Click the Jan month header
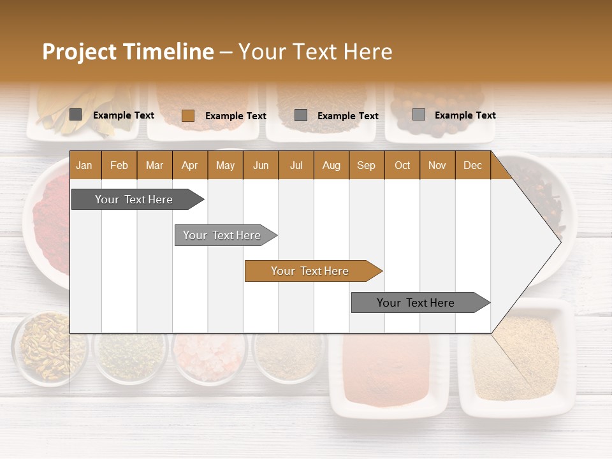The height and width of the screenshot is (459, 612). pos(84,165)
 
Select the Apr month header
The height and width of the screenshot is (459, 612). pos(189,165)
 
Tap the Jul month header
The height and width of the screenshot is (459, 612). pos(296,165)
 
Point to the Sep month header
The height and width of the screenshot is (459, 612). pos(366,165)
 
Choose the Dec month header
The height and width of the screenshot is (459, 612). pos(472,165)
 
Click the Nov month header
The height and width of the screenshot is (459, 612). pos(437,165)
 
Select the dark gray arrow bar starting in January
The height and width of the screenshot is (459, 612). pos(134,200)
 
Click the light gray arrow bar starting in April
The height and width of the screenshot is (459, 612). pos(222,235)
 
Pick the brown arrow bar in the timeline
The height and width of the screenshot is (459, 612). pos(310,271)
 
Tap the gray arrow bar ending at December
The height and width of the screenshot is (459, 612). pos(416,303)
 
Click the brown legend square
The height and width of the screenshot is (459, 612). pos(187,115)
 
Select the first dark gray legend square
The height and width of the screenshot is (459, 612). pos(75,115)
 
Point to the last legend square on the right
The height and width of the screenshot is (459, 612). pos(418,115)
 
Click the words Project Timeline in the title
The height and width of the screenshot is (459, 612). pos(127,52)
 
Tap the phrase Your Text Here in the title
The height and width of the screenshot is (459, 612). pos(315,52)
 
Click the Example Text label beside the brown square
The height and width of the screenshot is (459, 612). pos(235,116)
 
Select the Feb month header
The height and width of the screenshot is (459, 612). pos(119,165)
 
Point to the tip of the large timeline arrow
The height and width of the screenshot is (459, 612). pos(559,241)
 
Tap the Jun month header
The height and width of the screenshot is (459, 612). pos(260,165)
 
